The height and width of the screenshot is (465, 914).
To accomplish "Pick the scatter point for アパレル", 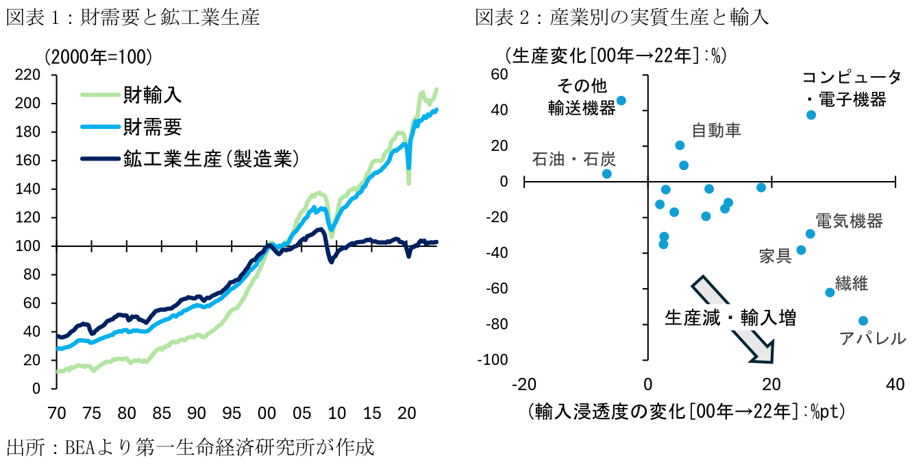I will point(863,321).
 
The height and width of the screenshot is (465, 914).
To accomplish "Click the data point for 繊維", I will point(830,292).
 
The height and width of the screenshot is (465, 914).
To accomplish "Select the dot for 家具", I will point(801,250).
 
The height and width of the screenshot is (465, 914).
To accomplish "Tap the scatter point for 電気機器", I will point(810,234).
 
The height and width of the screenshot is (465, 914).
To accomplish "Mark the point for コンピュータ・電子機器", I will point(811,115).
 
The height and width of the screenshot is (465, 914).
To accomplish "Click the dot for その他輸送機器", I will point(621,100).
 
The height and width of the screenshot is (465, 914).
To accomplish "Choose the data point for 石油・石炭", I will point(606,174).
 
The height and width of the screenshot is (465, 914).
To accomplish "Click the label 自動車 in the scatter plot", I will point(716,130).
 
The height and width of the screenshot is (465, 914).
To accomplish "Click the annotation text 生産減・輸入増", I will point(730,318).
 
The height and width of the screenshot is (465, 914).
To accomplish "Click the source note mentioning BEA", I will point(190,448).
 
